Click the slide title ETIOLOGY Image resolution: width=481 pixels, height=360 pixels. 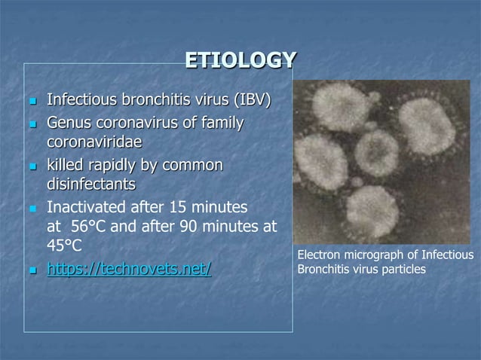[x=240, y=59]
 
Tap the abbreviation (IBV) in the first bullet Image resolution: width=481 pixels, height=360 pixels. [x=253, y=100]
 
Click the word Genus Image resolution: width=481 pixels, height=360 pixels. [x=69, y=121]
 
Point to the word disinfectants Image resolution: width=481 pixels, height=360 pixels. [x=91, y=184]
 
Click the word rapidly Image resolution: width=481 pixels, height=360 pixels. [x=121, y=163]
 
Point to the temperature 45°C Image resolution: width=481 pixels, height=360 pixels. [x=64, y=246]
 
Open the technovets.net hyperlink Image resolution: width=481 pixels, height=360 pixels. [x=129, y=267]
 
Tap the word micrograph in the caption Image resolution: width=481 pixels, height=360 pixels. [x=375, y=257]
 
